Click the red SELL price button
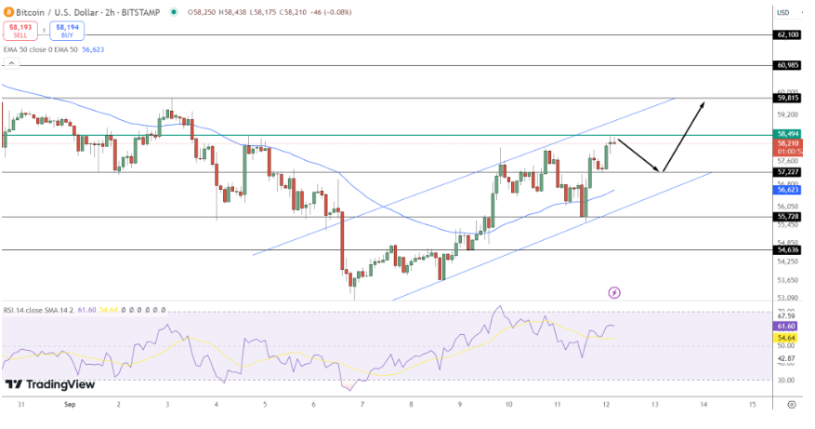click(18, 32)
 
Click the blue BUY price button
click(67, 32)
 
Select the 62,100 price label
click(786, 34)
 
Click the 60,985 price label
click(786, 65)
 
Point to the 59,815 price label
click(786, 98)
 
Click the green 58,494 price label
click(786, 134)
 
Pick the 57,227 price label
click(786, 171)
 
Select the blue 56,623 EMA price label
click(786, 189)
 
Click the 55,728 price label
click(786, 216)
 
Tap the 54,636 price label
click(786, 249)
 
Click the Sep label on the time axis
click(70, 405)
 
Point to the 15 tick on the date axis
click(752, 405)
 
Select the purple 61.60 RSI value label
click(786, 327)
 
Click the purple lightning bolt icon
click(614, 292)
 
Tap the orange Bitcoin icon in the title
click(8, 11)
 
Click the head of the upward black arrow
click(703, 102)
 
